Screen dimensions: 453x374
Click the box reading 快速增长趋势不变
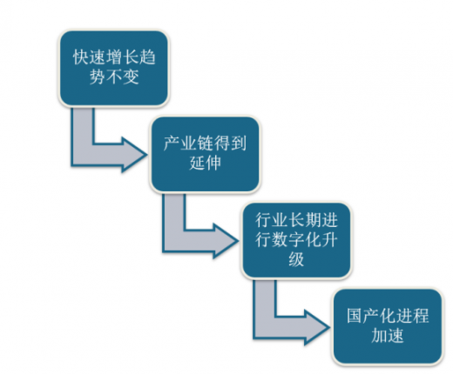click(x=114, y=68)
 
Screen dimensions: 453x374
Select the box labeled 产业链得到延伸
click(x=205, y=154)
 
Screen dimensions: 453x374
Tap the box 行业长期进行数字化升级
click(x=296, y=240)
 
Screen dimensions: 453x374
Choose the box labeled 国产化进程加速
click(x=388, y=326)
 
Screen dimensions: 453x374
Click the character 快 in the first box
click(x=81, y=57)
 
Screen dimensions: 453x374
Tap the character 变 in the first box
click(x=131, y=77)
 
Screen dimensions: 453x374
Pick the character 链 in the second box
click(x=205, y=144)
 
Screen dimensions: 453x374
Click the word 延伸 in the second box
click(x=205, y=163)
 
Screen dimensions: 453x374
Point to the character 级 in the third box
click(x=296, y=258)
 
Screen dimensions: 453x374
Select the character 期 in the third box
click(x=313, y=220)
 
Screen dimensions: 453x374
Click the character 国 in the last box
click(x=355, y=316)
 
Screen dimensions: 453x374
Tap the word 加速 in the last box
click(x=388, y=335)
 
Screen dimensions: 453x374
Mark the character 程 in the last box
click(x=420, y=316)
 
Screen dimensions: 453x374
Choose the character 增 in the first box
click(x=114, y=57)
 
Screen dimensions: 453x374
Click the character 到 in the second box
click(x=238, y=144)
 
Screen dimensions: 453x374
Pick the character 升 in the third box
click(x=329, y=239)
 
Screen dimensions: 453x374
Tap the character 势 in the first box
click(x=98, y=77)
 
